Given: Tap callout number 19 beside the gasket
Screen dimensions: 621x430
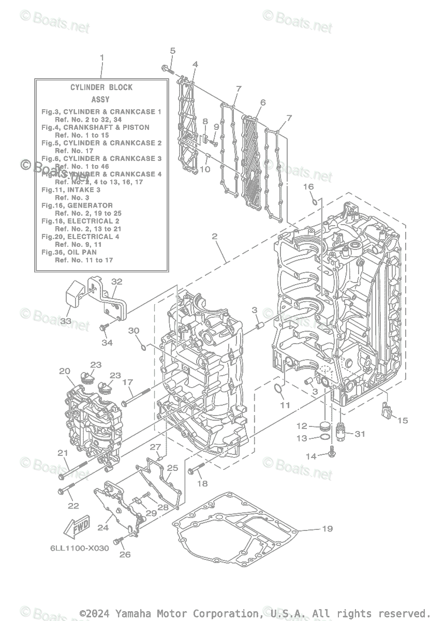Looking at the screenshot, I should point(327,528).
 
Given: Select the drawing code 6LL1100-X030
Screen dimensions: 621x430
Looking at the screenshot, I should point(80,548).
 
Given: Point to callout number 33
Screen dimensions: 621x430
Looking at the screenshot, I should point(66,321).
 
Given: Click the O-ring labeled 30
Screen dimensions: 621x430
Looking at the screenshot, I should point(143,345).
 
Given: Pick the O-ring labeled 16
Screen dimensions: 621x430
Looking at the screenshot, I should point(314,200).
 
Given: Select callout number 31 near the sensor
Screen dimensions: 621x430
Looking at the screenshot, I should point(360,434).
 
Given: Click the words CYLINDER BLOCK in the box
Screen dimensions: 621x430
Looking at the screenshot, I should point(101,87).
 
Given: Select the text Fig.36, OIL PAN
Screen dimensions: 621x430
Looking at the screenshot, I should point(69,252).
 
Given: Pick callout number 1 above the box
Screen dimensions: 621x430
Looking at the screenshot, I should point(102,57).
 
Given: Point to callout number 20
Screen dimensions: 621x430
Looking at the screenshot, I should point(64,371).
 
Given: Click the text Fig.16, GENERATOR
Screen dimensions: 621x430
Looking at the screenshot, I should point(77,205).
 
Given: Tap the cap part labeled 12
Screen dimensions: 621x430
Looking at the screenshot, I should point(324,427).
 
